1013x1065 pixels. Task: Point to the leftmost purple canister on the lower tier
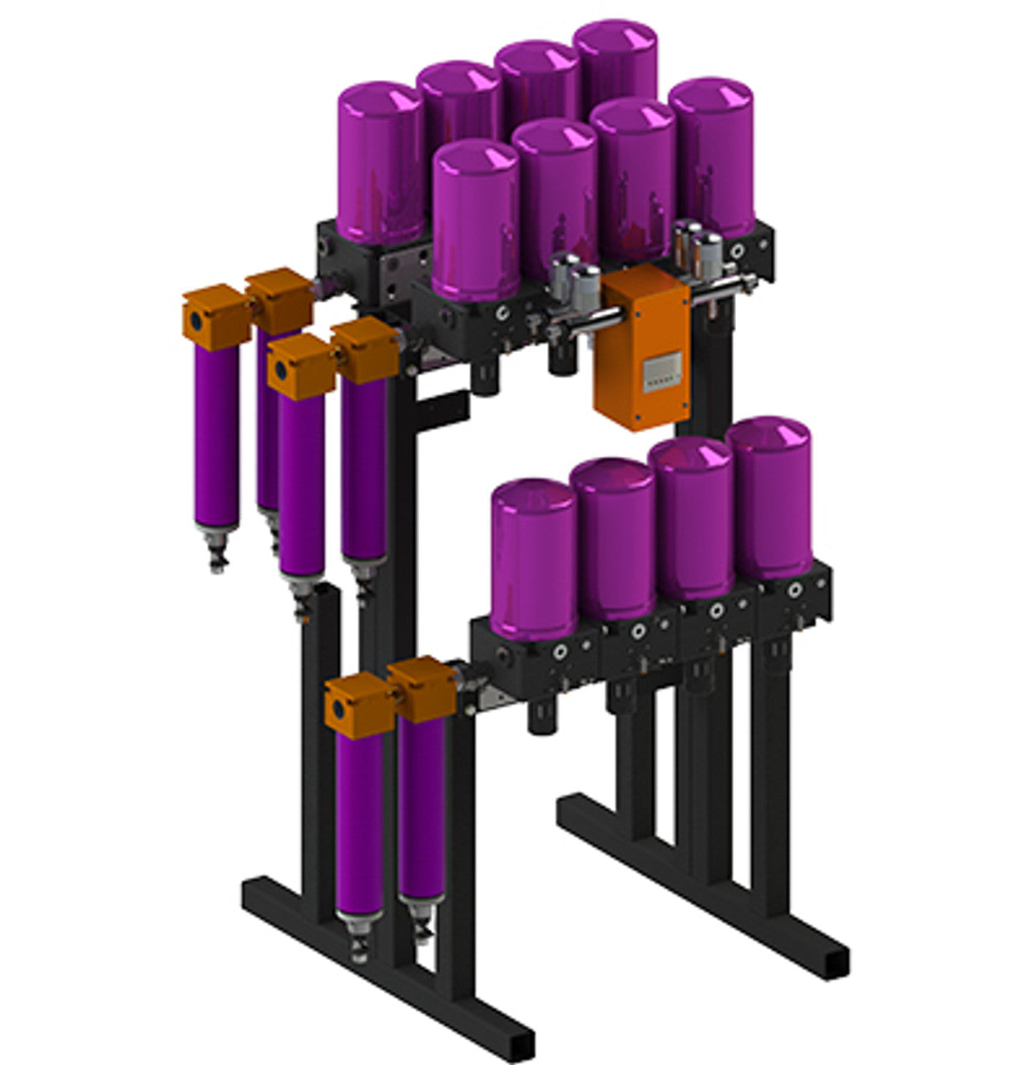pos(533,557)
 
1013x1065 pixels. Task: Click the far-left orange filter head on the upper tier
pos(215,317)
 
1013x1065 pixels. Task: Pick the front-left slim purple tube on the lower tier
pos(359,824)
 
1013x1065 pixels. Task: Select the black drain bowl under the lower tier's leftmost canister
pos(541,716)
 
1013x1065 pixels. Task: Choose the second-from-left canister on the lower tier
pos(614,538)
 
